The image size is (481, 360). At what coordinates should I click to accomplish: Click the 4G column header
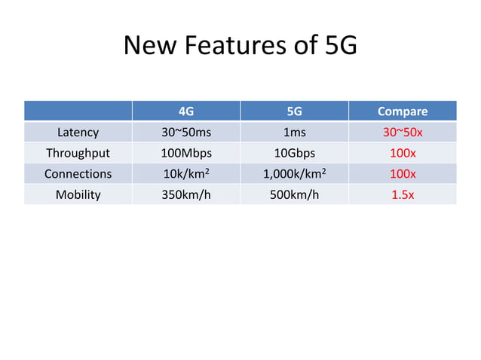[x=185, y=111]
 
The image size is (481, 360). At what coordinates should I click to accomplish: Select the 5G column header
[x=294, y=111]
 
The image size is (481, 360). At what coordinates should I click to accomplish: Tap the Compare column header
[x=402, y=111]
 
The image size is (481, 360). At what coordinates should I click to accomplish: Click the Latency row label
[x=78, y=133]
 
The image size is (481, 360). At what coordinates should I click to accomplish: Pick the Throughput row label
[x=78, y=153]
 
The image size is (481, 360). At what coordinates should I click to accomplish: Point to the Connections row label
[x=78, y=174]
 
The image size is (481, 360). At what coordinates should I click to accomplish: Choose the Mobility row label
[x=78, y=194]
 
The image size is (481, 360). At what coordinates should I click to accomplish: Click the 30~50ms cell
[x=186, y=133]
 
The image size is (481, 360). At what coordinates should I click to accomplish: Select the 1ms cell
[x=294, y=133]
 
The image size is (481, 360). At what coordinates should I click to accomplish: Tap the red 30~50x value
[x=402, y=133]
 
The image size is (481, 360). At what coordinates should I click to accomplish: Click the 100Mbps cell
[x=186, y=153]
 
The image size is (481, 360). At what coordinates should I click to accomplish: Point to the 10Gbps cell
[x=294, y=153]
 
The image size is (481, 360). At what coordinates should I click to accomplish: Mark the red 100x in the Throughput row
[x=402, y=153]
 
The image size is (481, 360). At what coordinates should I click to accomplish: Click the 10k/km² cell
[x=186, y=174]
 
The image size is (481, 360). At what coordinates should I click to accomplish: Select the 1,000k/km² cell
[x=294, y=174]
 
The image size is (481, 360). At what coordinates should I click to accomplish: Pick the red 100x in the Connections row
[x=402, y=174]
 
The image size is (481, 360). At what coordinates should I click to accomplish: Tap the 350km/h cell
[x=186, y=194]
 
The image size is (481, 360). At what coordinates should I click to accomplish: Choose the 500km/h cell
[x=294, y=194]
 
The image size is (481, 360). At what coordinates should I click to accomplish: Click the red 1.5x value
[x=402, y=194]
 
